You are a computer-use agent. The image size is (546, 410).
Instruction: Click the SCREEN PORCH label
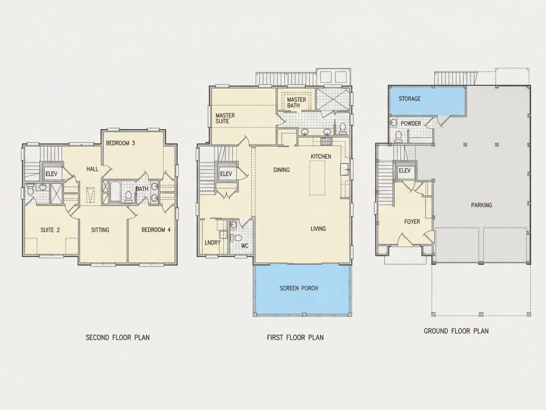(x=299, y=288)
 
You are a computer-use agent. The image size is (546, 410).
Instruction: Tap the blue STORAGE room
(x=427, y=100)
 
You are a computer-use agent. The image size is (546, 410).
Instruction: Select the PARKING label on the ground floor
(x=481, y=205)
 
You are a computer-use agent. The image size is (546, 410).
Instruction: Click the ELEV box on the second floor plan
(x=52, y=173)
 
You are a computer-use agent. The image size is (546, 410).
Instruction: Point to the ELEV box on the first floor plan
(x=226, y=173)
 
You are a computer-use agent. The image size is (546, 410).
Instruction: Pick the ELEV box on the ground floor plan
(x=405, y=171)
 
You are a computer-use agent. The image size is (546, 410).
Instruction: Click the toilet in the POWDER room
(x=399, y=136)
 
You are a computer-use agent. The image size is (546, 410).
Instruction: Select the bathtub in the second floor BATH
(x=115, y=191)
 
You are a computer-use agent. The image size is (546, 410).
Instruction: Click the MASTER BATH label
(x=296, y=102)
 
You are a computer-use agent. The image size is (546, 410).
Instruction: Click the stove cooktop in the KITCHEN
(x=326, y=141)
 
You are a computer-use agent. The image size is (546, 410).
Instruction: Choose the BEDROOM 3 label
(x=121, y=143)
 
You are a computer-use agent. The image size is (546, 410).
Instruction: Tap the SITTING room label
(x=100, y=230)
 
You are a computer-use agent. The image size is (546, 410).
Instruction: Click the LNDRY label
(x=212, y=243)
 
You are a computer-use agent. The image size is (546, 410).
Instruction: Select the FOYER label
(x=412, y=222)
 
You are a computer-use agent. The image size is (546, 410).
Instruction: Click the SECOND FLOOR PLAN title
(x=118, y=337)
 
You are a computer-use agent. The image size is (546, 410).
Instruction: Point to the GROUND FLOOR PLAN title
(x=456, y=331)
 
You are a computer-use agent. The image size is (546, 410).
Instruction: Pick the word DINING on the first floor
(x=281, y=170)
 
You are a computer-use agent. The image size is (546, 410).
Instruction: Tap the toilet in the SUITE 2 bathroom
(x=30, y=190)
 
